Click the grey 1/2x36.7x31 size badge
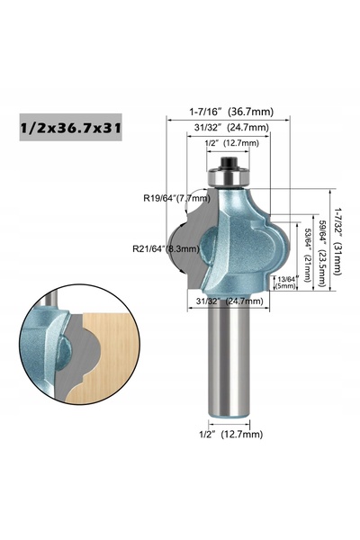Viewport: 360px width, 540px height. pyautogui.click(x=70, y=128)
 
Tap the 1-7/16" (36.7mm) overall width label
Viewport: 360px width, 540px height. pyautogui.click(x=231, y=112)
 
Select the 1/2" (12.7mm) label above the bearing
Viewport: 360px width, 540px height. pyautogui.click(x=231, y=143)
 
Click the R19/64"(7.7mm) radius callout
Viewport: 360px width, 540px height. pyautogui.click(x=176, y=198)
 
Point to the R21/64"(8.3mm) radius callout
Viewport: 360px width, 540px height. pyautogui.click(x=166, y=248)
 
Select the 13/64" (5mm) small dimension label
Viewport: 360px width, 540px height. pyautogui.click(x=285, y=283)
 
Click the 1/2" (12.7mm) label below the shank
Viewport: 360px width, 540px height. pyautogui.click(x=230, y=435)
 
